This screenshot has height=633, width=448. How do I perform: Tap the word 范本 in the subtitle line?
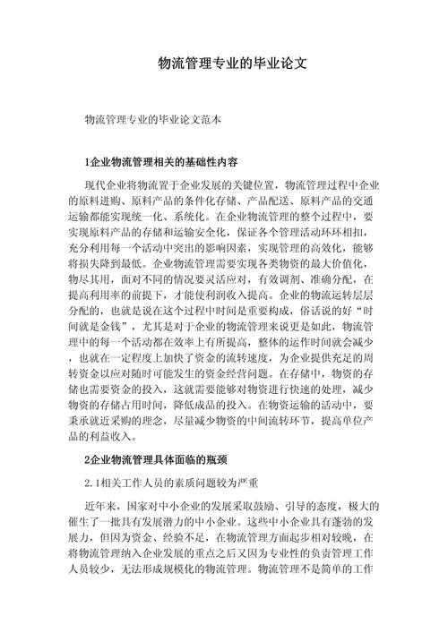click(x=209, y=118)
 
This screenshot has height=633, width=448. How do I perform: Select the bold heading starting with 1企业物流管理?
click(x=160, y=163)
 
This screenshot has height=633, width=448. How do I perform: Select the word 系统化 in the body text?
click(x=184, y=216)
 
